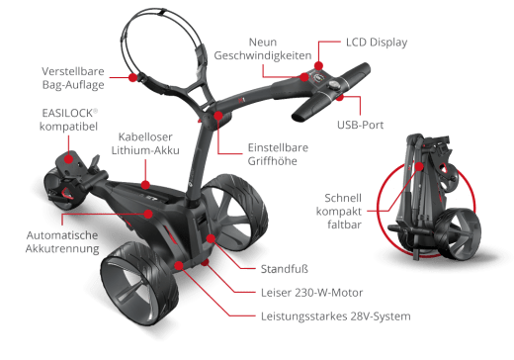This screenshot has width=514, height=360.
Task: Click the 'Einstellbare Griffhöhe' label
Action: [x=278, y=155]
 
